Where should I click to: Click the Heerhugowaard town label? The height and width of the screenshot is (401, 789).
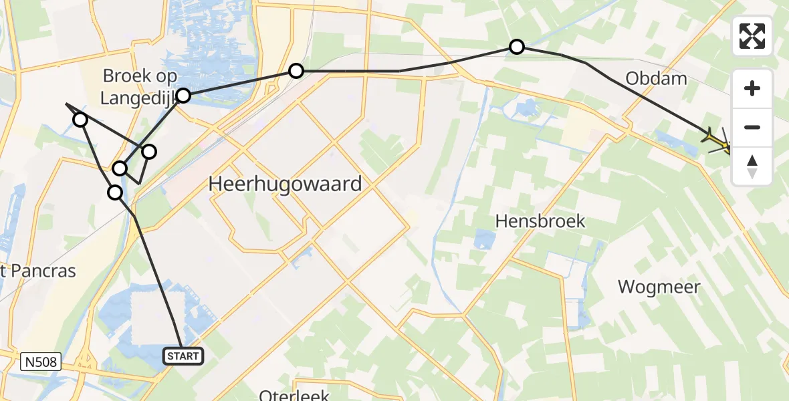(286, 183)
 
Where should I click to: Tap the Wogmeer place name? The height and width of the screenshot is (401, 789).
(659, 287)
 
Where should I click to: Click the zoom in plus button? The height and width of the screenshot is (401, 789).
(752, 88)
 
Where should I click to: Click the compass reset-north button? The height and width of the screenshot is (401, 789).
(752, 166)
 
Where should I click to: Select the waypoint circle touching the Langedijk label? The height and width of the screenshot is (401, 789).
(183, 96)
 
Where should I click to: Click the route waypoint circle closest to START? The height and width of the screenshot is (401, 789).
(116, 192)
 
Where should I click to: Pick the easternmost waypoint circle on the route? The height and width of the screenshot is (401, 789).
(517, 47)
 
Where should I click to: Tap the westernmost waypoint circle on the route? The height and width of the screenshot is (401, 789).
(80, 120)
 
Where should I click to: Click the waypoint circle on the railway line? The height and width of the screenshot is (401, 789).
(296, 71)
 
